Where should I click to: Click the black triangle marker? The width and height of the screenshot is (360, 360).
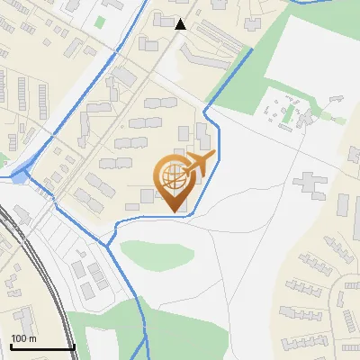pos(181,24)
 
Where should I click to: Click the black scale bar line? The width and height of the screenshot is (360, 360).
pos(41,347)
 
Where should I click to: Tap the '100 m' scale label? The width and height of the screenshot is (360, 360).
pos(23,338)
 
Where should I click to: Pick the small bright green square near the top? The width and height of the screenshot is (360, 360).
pos(99,21)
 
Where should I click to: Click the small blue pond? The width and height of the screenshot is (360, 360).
pos(19,176)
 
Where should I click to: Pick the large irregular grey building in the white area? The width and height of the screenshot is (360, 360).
pos(311,185)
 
